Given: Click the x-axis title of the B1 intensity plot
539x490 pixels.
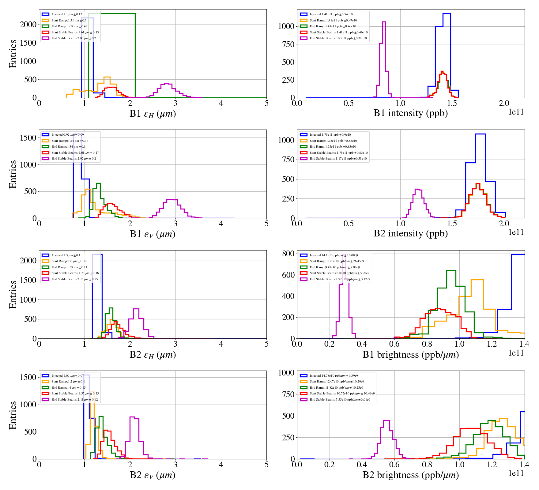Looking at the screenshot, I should click(410, 113).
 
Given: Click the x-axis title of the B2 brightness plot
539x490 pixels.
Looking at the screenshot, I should click(410, 475).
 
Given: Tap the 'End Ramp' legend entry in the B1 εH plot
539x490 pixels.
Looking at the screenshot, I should click(69, 26).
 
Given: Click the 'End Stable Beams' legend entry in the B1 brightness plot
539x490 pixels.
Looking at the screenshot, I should click(340, 279).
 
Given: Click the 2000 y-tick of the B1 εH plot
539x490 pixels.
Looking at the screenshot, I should click(28, 24).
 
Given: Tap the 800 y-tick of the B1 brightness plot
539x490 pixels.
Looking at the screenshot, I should click(288, 254).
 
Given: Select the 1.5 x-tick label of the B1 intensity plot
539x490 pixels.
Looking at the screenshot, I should click(452, 103).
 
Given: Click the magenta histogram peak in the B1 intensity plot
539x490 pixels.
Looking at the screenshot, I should click(384, 22).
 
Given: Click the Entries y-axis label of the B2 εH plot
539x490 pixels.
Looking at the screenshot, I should click(13, 294).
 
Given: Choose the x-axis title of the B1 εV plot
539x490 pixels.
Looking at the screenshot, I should click(153, 234).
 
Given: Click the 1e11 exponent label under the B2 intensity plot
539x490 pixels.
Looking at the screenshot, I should click(516, 232).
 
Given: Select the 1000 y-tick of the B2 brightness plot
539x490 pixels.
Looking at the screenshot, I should click(286, 373).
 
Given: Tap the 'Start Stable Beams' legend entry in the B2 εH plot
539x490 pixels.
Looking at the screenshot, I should click(75, 273).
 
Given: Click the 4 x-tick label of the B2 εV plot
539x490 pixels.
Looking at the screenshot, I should click(221, 465).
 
